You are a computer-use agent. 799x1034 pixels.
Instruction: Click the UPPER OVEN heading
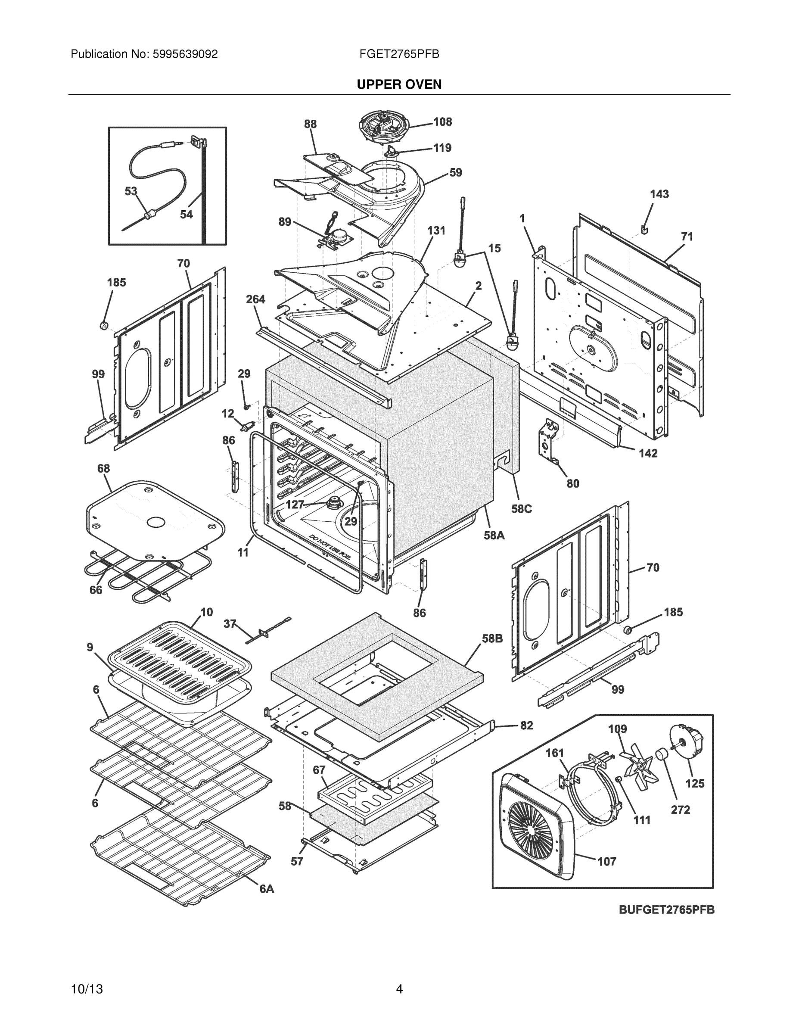399,84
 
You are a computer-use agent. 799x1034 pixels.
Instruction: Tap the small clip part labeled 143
644,229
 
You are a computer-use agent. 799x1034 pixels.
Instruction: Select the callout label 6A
267,889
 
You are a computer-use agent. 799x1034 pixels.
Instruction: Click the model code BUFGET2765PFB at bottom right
666,909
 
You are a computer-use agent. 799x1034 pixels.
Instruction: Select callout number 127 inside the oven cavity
295,505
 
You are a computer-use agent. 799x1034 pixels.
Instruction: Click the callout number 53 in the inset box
131,191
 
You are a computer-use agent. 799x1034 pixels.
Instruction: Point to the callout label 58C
521,509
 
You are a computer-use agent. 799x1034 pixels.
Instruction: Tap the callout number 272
680,810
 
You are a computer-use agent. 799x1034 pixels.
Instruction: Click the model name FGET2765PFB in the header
399,54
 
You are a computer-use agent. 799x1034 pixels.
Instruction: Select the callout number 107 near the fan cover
606,861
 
